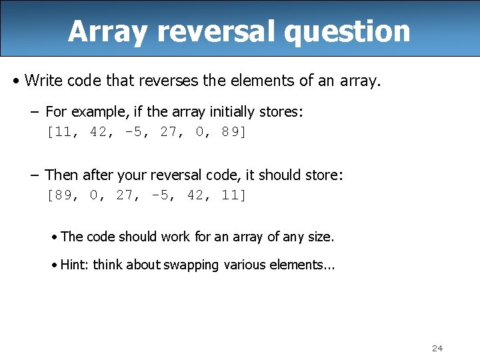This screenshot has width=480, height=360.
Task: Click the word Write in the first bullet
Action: (x=43, y=81)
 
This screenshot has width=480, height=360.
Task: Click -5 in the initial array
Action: (x=133, y=132)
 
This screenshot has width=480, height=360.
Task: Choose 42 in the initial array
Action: (x=97, y=132)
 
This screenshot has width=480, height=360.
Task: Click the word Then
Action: (x=62, y=175)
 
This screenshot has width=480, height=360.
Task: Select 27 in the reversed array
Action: (x=124, y=195)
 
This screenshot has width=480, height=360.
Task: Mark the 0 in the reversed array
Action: (x=93, y=195)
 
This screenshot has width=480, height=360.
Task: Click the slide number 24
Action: (x=437, y=348)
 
